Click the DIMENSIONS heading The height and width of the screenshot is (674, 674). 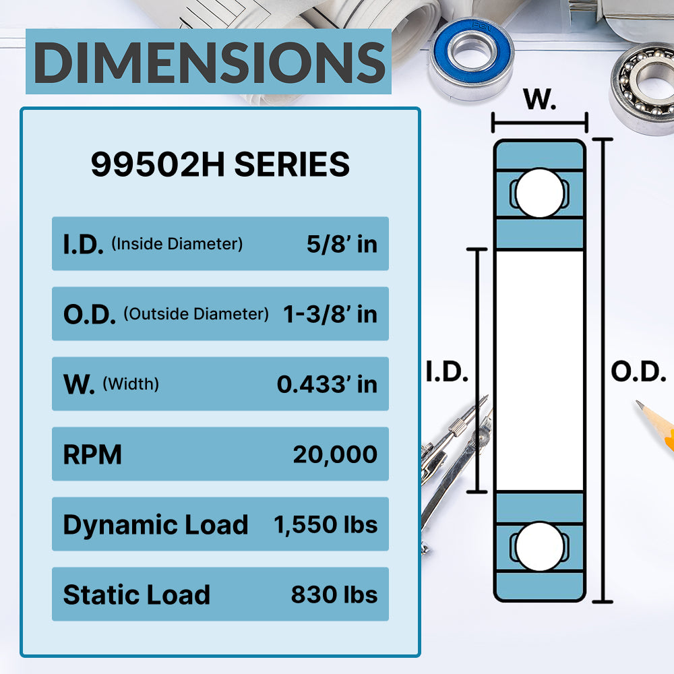209,62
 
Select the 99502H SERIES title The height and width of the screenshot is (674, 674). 220,164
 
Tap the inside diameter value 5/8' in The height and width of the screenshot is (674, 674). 342,244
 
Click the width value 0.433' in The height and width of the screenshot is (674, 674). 327,384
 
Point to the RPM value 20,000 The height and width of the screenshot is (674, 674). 335,454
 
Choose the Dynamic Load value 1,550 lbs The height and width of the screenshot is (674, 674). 326,524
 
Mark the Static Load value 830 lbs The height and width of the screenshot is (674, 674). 334,594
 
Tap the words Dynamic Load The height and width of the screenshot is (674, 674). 156,525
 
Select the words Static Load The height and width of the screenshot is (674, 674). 137,595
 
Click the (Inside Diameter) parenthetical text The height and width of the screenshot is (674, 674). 177,244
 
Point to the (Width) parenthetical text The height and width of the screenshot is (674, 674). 131,384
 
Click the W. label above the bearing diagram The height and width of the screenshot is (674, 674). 540,100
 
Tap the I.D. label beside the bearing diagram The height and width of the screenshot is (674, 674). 447,372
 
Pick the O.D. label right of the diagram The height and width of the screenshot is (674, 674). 638,372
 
